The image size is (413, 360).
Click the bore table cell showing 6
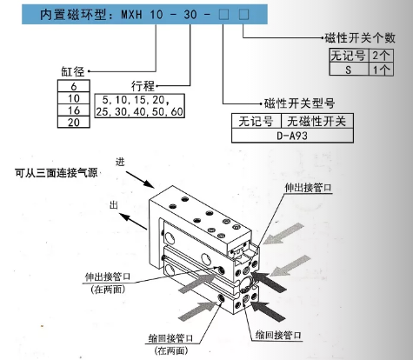point(72,87)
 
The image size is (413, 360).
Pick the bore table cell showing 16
point(72,110)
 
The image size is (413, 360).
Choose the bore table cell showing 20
point(72,123)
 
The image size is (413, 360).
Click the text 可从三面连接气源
point(56,172)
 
